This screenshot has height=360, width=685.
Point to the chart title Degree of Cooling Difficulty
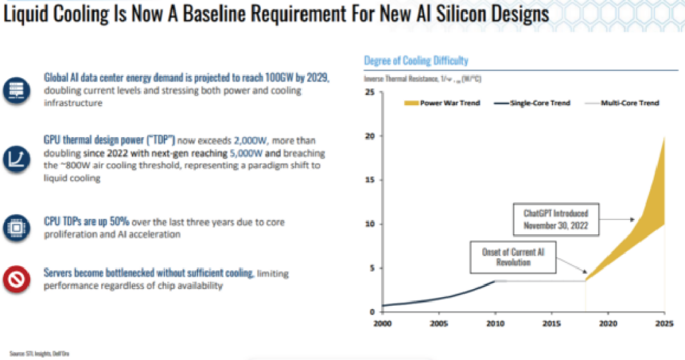[415, 61]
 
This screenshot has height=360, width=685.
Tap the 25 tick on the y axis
[369, 92]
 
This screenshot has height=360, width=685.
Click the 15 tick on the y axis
[369, 180]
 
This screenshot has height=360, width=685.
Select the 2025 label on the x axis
[662, 323]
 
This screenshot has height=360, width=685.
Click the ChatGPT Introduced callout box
[555, 217]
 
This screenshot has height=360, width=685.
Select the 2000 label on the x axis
[382, 323]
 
